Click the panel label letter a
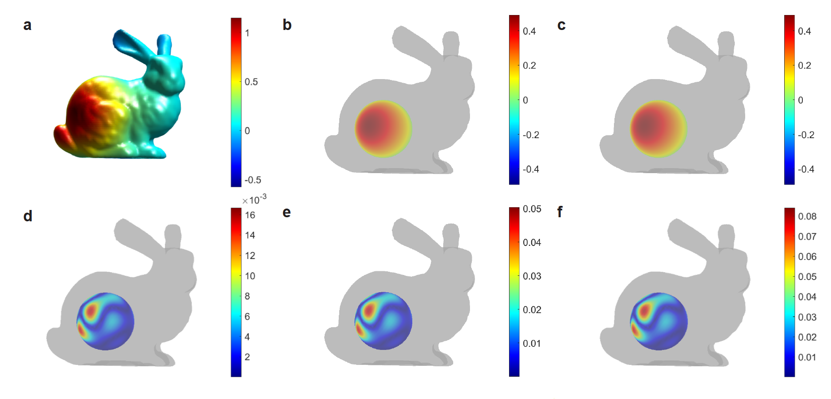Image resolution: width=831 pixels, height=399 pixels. pyautogui.click(x=27, y=25)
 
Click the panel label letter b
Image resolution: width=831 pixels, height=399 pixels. pyautogui.click(x=287, y=25)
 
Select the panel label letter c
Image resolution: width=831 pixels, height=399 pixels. pyautogui.click(x=561, y=25)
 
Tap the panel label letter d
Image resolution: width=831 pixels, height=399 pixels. pyautogui.click(x=28, y=216)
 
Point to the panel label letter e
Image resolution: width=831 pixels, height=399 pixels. pyautogui.click(x=287, y=212)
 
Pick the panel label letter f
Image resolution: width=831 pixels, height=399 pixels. pyautogui.click(x=560, y=212)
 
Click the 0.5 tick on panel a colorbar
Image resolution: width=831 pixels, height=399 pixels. pyautogui.click(x=251, y=82)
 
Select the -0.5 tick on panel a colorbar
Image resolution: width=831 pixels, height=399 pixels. pyautogui.click(x=252, y=180)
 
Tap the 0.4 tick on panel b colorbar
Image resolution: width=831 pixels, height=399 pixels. pyautogui.click(x=529, y=31)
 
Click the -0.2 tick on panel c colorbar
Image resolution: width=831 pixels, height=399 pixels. pyautogui.click(x=806, y=135)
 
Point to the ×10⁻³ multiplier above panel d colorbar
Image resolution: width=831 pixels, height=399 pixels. pyautogui.click(x=254, y=199)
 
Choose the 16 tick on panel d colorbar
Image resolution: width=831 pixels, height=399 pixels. pyautogui.click(x=250, y=215)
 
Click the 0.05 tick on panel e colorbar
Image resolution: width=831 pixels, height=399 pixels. pyautogui.click(x=532, y=209)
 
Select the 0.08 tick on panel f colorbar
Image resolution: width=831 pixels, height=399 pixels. pyautogui.click(x=807, y=216)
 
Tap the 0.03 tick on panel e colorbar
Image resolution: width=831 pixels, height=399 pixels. pyautogui.click(x=532, y=276)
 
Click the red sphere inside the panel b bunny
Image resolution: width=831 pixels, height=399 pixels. pyautogui.click(x=383, y=129)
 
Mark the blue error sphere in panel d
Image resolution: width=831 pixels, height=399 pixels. pyautogui.click(x=105, y=321)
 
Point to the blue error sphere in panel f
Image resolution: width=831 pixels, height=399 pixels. pyautogui.click(x=658, y=321)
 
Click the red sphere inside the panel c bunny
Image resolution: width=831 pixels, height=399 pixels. pyautogui.click(x=658, y=129)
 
